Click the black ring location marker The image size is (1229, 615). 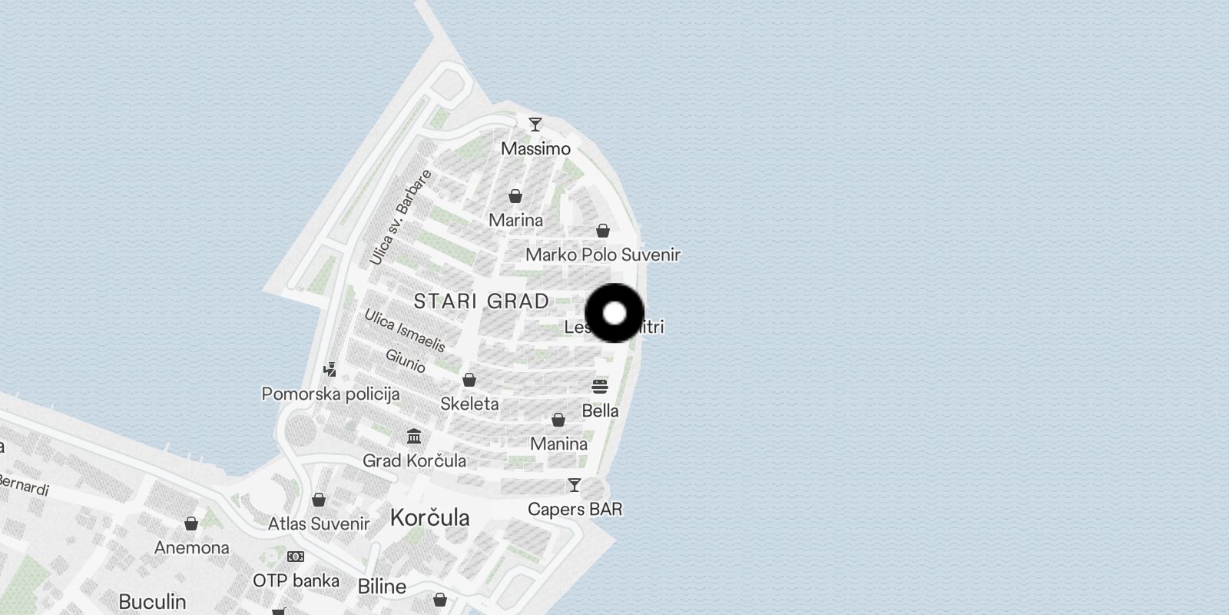614,313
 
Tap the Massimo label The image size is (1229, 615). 535,148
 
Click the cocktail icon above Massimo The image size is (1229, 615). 535,124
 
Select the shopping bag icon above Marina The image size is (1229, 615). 515,196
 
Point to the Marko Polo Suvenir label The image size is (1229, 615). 603,254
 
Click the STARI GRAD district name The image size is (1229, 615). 482,301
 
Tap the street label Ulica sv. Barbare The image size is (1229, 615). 400,218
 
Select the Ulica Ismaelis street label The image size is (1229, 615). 405,330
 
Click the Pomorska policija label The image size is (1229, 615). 330,394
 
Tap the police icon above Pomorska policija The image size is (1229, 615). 330,370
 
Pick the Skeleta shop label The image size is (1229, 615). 469,404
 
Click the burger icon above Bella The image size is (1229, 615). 600,386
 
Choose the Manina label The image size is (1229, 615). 558,444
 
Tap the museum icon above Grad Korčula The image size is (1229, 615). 415,437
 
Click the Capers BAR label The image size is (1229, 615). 575,509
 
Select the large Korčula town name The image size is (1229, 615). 429,517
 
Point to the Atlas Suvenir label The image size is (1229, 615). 319,524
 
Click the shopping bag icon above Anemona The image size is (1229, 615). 191,524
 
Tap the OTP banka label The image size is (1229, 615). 296,580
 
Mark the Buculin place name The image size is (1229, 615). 152,601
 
